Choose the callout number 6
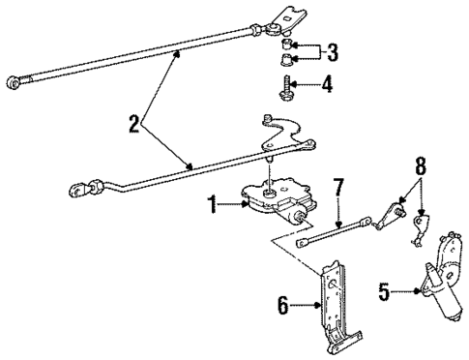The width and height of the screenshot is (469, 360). pos(284,306)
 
